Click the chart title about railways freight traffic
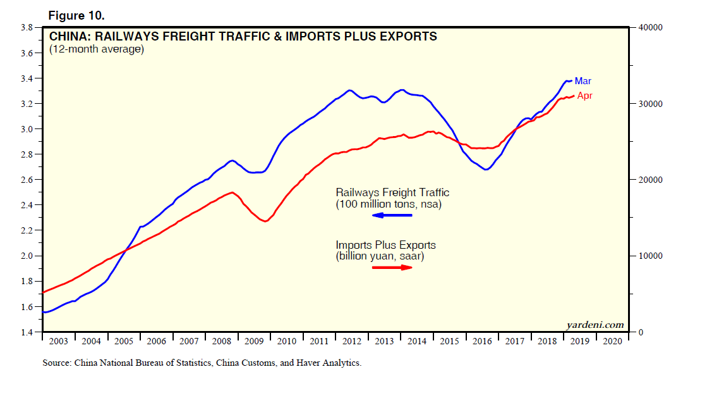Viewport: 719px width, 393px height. click(243, 37)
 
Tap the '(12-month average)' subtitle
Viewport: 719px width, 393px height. click(97, 49)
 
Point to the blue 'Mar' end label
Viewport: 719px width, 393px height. click(583, 81)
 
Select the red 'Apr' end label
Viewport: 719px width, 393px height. click(584, 96)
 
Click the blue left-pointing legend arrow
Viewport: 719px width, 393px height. click(392, 216)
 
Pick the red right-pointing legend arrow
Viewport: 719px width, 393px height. click(392, 267)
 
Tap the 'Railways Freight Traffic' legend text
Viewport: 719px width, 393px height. click(392, 192)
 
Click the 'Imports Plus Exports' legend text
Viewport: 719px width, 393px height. click(385, 245)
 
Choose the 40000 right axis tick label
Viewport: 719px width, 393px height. click(650, 28)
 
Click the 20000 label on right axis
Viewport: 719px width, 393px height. click(650, 180)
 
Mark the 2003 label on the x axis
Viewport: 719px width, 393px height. click(58, 342)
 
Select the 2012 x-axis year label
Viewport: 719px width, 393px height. click(352, 342)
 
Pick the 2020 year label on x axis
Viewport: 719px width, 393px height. click(612, 342)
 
